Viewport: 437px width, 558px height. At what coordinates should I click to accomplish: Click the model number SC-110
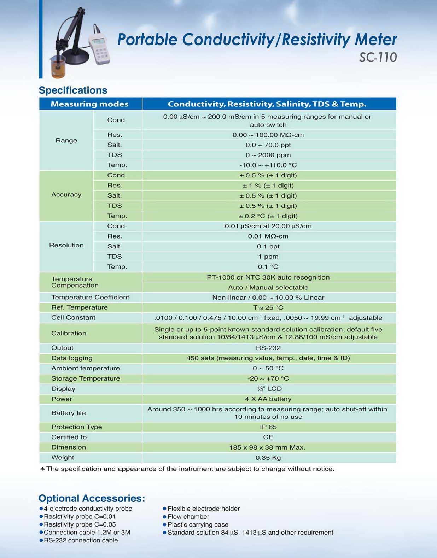click(378, 57)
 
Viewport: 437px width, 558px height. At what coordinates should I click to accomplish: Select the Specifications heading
click(73, 90)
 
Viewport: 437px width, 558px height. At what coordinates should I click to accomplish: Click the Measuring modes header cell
click(89, 104)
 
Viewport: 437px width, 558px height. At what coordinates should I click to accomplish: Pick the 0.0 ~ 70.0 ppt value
click(268, 145)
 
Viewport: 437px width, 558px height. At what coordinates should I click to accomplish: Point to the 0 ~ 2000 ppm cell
click(268, 155)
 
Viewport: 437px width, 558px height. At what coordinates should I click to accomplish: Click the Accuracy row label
click(66, 195)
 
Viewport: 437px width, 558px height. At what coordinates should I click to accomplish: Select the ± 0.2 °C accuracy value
click(268, 216)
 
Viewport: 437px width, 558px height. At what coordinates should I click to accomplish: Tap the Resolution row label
click(66, 245)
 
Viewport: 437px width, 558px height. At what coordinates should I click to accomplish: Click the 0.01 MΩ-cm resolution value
click(268, 236)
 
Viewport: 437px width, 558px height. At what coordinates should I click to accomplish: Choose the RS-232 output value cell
click(268, 348)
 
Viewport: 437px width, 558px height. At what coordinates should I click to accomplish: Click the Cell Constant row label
click(73, 317)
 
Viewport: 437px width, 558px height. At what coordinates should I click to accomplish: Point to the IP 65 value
click(268, 427)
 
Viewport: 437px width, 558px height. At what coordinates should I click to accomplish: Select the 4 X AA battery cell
click(268, 399)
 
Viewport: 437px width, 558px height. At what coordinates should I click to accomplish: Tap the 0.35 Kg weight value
click(268, 458)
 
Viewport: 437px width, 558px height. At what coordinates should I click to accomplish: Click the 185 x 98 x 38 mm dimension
click(267, 447)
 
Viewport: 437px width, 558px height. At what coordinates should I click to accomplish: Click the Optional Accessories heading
click(92, 498)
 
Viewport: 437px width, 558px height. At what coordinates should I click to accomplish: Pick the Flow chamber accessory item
click(188, 517)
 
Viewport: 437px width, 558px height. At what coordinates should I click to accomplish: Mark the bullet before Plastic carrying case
click(164, 525)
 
